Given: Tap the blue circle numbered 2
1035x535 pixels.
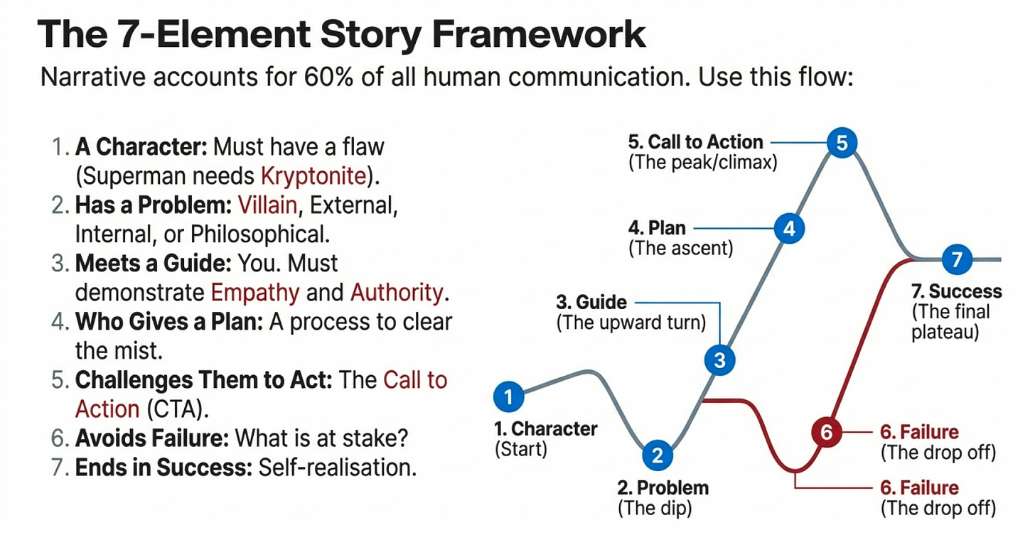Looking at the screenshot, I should tap(658, 455).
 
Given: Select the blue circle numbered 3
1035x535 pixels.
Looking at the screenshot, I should tap(719, 360).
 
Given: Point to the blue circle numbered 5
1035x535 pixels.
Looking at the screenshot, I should tap(842, 144).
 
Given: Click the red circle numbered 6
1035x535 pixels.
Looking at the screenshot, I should tap(826, 432).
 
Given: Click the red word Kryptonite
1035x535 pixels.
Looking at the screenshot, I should tap(313, 175).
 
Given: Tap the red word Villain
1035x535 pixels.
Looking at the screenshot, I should tap(268, 205).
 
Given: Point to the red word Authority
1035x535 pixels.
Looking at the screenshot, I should tap(396, 292).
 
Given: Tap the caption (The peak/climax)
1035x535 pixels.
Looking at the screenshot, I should tap(702, 162).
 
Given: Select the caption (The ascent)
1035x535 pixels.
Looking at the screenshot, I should tap(681, 249).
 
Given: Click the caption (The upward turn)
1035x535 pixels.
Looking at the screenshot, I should tap(631, 323).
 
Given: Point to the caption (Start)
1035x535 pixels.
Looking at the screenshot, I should tap(520, 448).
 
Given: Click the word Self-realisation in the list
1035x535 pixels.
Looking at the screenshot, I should tap(338, 468).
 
